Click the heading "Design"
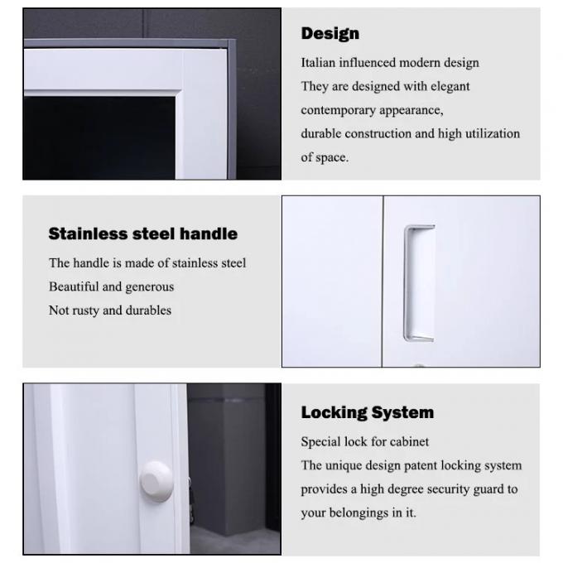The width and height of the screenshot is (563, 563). (330, 34)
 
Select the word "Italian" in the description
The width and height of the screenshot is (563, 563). (319, 63)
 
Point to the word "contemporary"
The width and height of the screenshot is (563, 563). (335, 110)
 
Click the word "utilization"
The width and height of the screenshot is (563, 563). (492, 133)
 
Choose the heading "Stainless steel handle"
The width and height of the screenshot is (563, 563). (142, 234)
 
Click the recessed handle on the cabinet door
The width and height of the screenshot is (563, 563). (420, 282)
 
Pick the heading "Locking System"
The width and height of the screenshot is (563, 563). (367, 412)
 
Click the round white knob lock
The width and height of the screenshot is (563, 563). (156, 481)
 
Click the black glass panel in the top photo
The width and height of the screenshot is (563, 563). (99, 137)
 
